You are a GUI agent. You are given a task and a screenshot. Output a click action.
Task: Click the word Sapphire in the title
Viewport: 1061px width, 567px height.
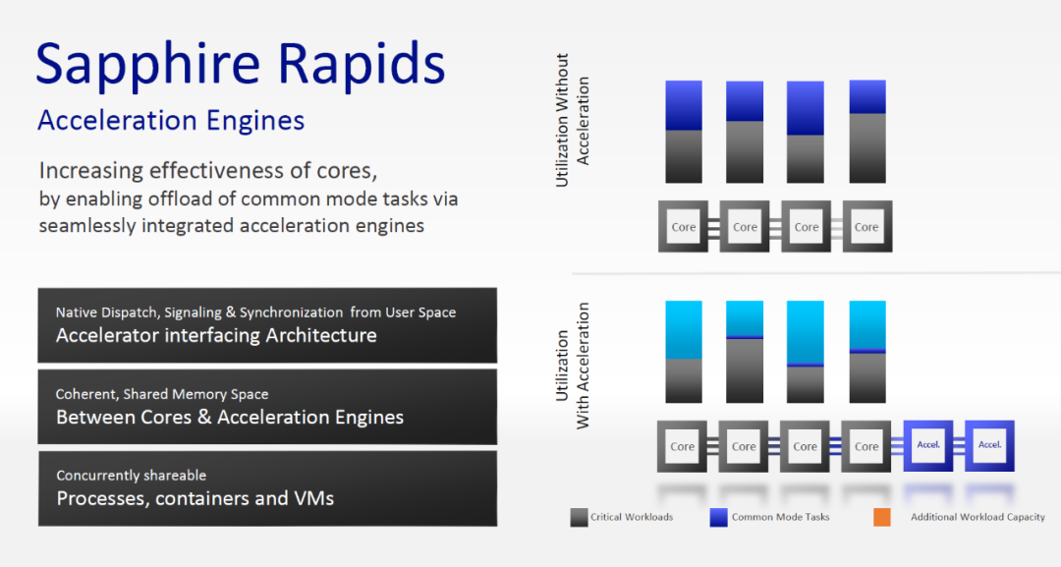145,64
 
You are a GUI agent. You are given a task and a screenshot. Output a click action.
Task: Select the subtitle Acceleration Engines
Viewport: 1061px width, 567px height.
171,121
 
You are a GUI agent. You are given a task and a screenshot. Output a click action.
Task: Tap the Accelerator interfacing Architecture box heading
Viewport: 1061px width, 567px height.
216,335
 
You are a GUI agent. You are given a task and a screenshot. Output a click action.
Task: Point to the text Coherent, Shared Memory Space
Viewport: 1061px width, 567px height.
162,394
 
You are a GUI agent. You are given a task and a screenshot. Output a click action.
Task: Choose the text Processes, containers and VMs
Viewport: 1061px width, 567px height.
195,498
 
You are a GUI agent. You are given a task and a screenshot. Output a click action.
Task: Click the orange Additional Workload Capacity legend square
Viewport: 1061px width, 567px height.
881,517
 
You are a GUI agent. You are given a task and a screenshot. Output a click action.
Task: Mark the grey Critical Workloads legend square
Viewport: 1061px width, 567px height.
579,517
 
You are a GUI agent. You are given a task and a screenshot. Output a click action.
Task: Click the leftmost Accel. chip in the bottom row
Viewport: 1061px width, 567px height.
928,445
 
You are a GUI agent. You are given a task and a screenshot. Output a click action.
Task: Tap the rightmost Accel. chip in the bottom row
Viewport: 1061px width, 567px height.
989,445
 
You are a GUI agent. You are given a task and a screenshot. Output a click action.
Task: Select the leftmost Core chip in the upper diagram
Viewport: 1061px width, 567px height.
684,226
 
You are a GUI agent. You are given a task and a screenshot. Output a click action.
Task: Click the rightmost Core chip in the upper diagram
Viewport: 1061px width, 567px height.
866,226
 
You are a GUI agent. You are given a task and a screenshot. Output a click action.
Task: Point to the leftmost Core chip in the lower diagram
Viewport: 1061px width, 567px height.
683,446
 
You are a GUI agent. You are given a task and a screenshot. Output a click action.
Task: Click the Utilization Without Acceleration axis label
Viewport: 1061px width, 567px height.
573,120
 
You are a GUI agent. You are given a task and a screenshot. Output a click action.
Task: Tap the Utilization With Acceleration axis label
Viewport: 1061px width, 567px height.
573,366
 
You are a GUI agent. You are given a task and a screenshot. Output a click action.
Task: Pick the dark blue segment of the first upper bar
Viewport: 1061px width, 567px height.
684,105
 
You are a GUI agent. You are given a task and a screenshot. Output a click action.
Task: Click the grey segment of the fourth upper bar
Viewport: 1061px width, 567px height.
866,147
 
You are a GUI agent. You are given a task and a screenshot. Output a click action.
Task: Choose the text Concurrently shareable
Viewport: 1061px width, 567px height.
131,476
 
